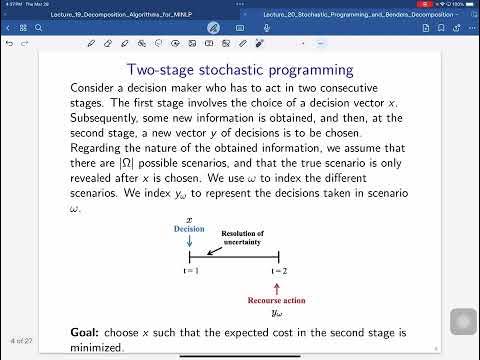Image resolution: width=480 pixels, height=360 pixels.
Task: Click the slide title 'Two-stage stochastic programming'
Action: [x=239, y=70]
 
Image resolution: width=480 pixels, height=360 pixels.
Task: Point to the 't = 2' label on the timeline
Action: [x=278, y=271]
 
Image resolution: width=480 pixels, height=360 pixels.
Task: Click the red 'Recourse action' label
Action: [x=278, y=299]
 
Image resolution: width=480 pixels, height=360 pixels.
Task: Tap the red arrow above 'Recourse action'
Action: [x=278, y=286]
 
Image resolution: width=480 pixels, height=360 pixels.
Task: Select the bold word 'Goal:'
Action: [x=84, y=331]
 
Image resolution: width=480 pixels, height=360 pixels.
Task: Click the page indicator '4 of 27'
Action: [x=22, y=341]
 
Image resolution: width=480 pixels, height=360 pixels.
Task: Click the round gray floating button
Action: [x=463, y=322]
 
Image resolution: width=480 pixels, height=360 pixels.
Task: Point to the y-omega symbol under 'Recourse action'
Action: [x=278, y=312]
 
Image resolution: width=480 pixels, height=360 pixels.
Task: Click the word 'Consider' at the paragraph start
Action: [x=98, y=88]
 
